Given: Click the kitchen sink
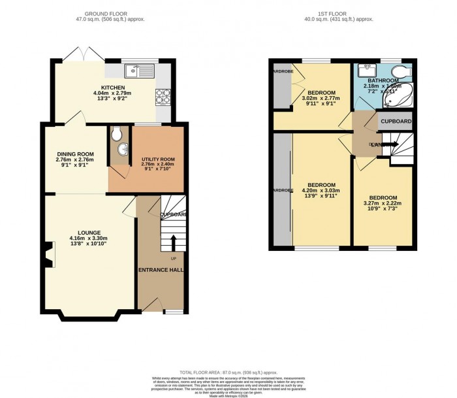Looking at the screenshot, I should coord(140,69).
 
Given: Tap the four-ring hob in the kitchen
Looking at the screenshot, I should coord(162,97).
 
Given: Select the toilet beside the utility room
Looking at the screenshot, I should coord(116,135).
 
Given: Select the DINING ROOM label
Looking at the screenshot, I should coord(75,154).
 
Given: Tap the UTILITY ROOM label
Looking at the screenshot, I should coord(158,159).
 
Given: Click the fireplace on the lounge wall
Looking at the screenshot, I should coord(48,255).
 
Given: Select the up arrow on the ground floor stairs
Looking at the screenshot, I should coord(174,243).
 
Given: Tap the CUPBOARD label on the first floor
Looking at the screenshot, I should coord(396,122).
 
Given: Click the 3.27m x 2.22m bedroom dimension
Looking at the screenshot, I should coord(383,204).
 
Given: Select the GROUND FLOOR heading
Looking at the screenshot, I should coord(114,12).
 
